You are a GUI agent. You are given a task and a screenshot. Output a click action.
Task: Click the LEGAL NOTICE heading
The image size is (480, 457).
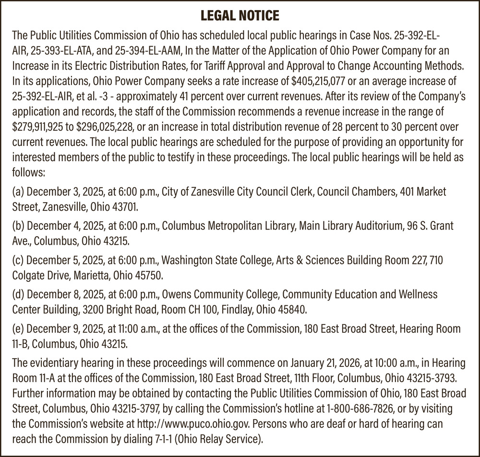[240, 16]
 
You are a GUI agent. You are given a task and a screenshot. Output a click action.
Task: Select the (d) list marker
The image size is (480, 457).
[18, 293]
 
